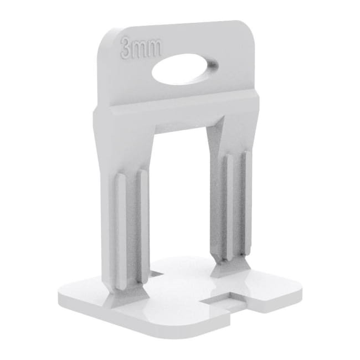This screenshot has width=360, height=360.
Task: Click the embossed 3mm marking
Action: [141, 48]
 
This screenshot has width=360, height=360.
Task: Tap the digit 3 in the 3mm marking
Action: [126, 47]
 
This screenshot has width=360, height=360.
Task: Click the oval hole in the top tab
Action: [185, 69]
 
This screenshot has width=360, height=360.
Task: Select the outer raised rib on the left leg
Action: [120, 232]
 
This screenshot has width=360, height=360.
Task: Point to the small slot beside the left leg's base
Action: [157, 273]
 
